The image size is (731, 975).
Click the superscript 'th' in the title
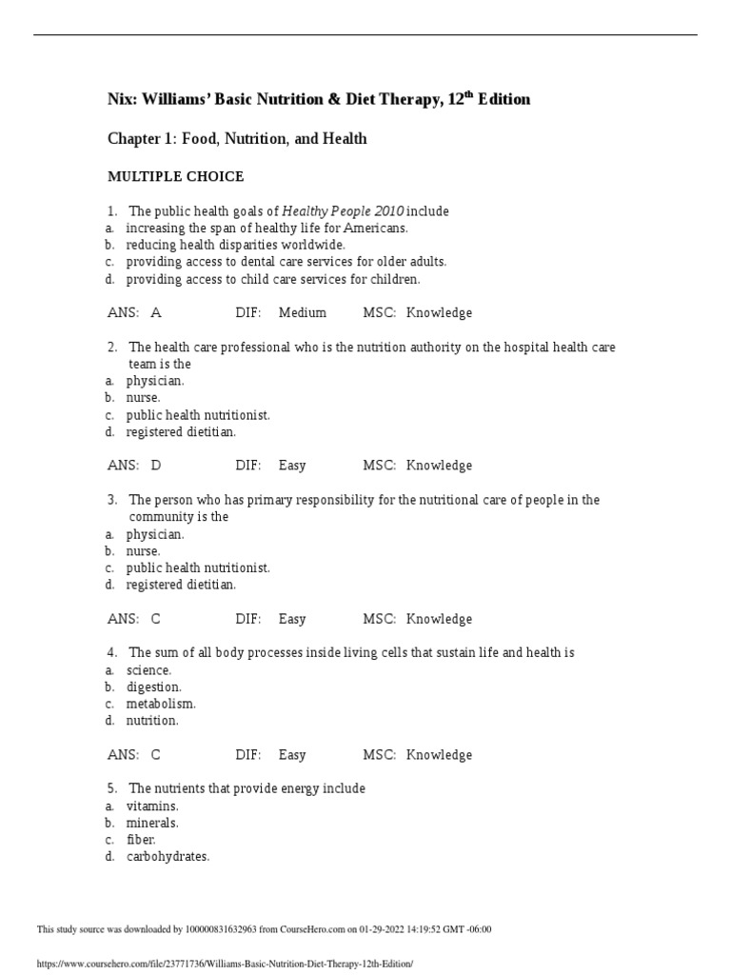click(467, 94)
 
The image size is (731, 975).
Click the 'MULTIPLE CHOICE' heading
click(175, 177)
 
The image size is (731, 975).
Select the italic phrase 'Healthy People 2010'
click(343, 211)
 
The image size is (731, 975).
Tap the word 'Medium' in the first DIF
click(303, 312)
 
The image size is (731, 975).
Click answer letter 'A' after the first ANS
click(156, 312)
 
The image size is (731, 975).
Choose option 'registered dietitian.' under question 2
click(181, 431)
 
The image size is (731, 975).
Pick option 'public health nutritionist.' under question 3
click(198, 567)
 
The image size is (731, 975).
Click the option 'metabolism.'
click(161, 704)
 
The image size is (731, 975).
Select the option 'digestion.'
click(153, 686)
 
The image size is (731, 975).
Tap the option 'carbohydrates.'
click(168, 856)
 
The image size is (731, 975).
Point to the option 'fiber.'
click(141, 840)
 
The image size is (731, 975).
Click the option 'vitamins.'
click(152, 806)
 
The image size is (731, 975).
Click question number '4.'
click(112, 653)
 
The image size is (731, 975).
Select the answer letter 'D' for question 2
click(156, 466)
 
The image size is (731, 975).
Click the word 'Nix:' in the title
click(123, 100)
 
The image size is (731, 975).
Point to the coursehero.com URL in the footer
click(225, 964)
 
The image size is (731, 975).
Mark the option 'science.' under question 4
click(148, 670)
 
